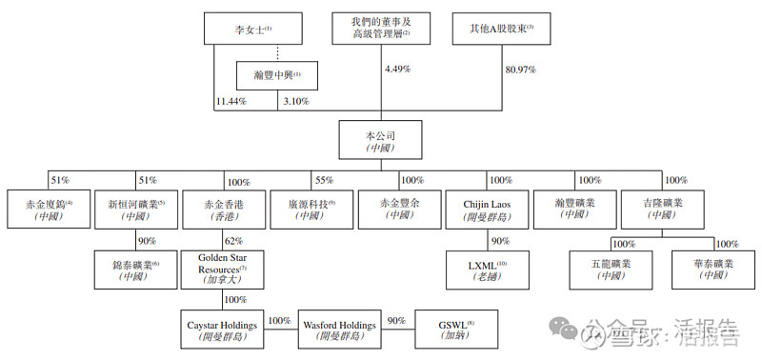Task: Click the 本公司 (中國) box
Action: pos(378,140)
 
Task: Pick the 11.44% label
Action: pos(231,101)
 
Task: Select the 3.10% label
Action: pos(297,101)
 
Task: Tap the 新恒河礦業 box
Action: pos(135,209)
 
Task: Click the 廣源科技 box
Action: pos(311,209)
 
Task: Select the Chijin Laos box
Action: pos(488,209)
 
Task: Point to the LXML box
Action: pos(488,270)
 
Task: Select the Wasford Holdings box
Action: pos(337,330)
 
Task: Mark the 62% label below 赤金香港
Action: pos(233,242)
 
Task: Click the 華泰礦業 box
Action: pos(712,268)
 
